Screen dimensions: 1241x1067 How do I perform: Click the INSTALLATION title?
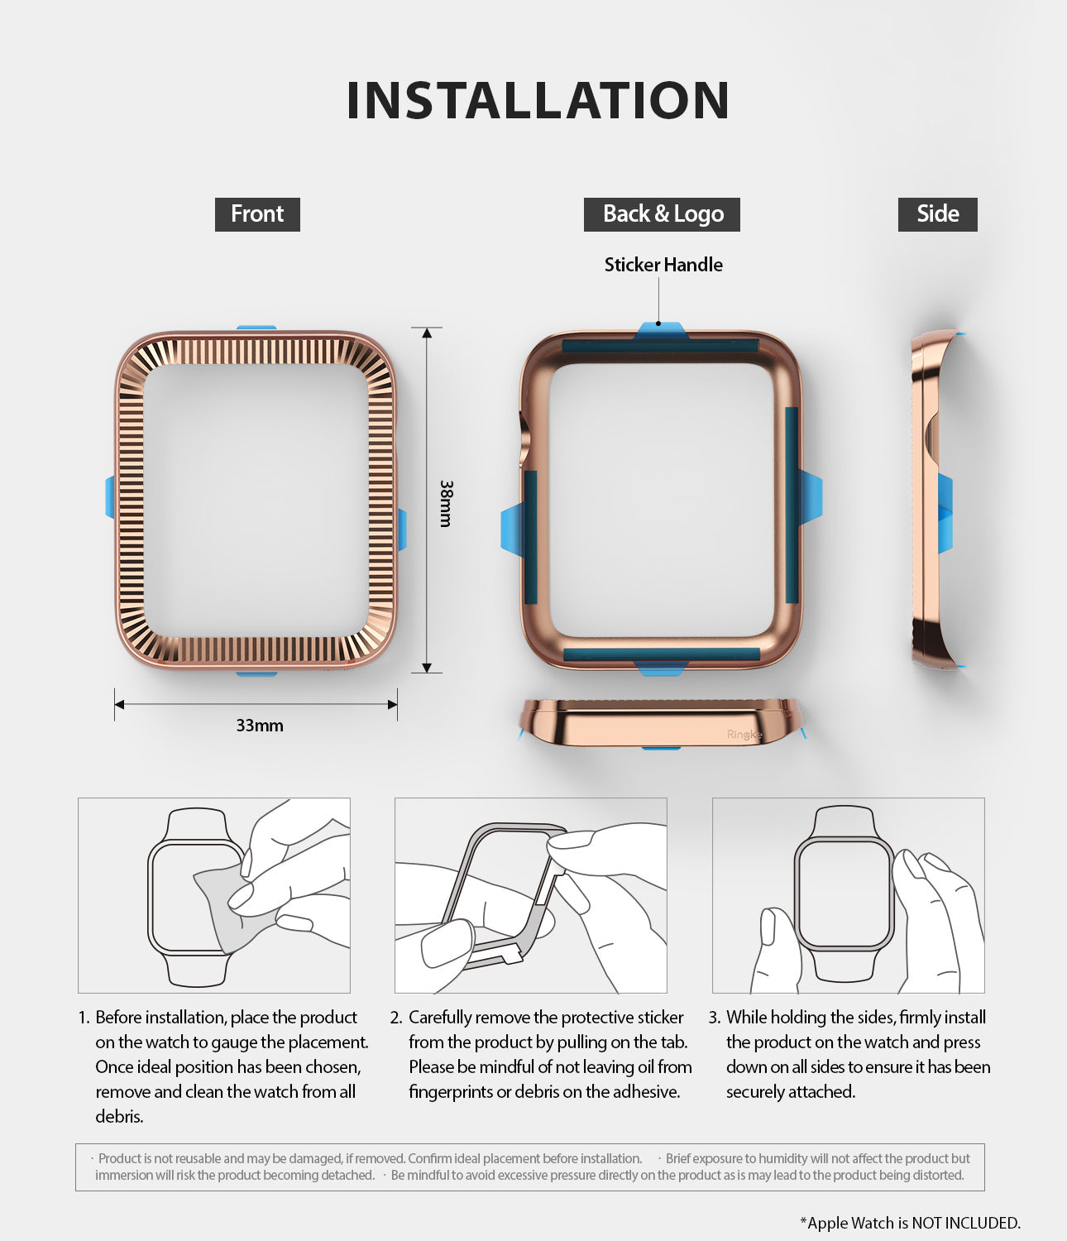pos(538,101)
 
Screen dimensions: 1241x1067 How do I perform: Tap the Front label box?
pos(257,214)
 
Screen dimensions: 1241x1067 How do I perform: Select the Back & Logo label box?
pos(662,214)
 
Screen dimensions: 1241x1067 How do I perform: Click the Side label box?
pos(937,214)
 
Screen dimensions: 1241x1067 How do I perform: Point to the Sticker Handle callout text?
pos(663,265)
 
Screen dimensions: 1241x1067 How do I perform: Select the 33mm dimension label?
pos(260,726)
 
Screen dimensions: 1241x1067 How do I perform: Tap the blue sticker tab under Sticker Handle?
pos(660,331)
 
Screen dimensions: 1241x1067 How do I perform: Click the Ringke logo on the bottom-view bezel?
pos(744,735)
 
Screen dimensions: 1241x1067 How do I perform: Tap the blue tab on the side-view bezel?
pos(945,513)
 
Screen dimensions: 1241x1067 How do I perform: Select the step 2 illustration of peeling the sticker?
pos(530,895)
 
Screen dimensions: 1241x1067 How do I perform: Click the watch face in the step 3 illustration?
pos(844,894)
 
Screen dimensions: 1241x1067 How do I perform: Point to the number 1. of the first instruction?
pos(84,1018)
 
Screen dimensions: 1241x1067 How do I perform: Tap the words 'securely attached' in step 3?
pos(790,1092)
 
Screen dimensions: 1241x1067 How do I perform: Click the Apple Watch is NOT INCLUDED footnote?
pos(910,1223)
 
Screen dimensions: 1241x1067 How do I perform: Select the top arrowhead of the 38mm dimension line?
pos(427,333)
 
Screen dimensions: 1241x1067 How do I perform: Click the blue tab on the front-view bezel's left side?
pos(110,497)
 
